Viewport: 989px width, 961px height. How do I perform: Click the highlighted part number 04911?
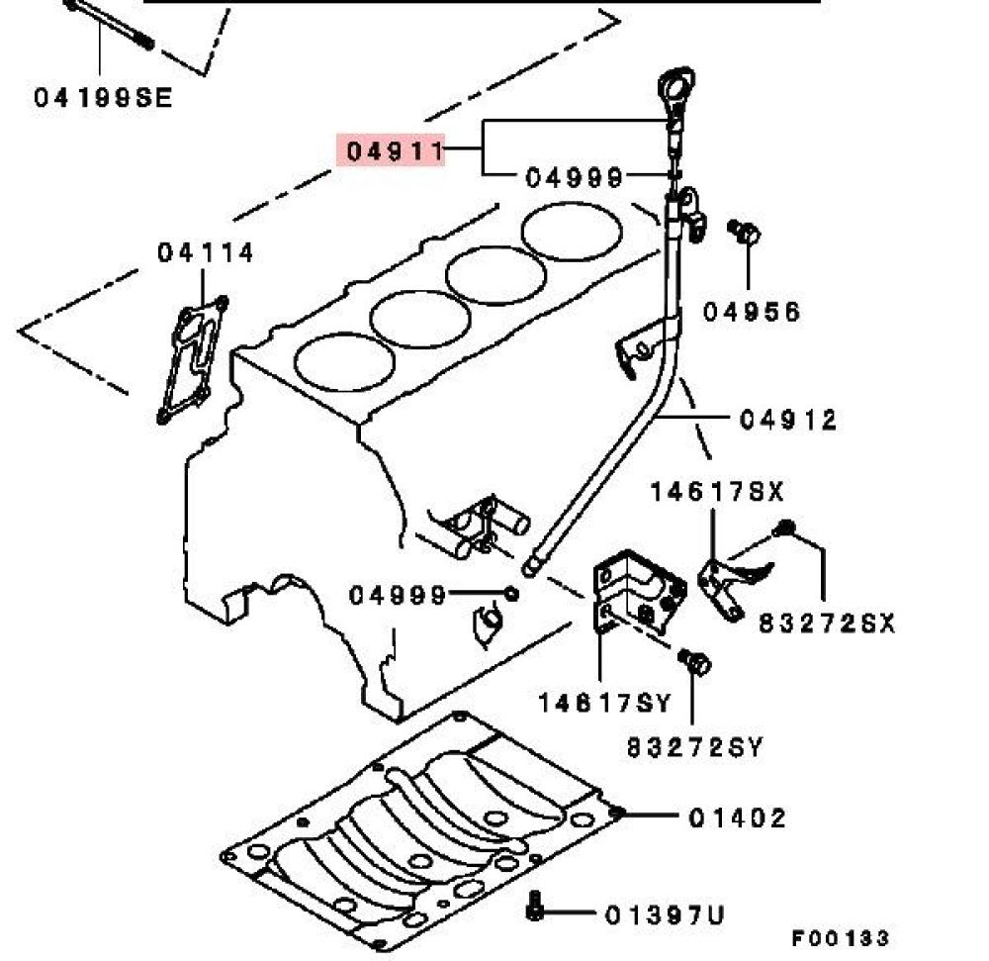click(391, 151)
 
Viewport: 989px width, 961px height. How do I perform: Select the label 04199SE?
click(103, 97)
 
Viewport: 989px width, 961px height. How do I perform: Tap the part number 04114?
click(206, 253)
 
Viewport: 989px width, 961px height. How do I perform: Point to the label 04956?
click(752, 312)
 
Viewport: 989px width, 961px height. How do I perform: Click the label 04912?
click(788, 420)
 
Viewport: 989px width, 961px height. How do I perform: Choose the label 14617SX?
click(716, 491)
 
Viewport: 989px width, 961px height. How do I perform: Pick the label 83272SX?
click(827, 624)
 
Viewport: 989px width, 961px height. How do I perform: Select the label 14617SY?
click(604, 704)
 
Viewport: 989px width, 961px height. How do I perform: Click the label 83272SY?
click(695, 747)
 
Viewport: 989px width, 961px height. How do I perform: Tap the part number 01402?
click(738, 818)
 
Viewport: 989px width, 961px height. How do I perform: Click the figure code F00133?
click(840, 938)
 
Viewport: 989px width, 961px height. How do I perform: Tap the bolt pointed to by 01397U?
click(535, 906)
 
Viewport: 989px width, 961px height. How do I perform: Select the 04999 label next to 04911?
click(575, 178)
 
